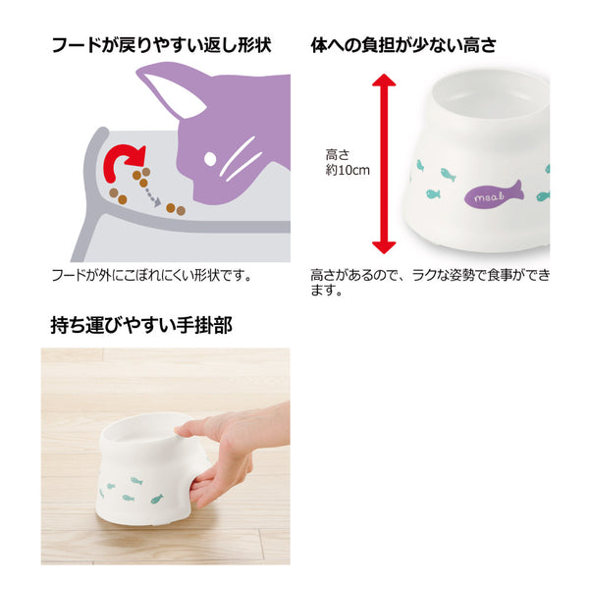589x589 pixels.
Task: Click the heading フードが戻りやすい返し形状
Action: pos(162,45)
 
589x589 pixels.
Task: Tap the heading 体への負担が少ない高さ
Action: pos(403,45)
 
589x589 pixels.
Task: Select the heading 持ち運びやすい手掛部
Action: pos(141,325)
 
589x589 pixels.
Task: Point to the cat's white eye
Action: pos(210,159)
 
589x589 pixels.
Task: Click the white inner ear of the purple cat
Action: pos(173,96)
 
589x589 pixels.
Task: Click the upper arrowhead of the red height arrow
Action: pos(384,80)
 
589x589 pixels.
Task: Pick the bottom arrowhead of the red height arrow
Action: pos(384,247)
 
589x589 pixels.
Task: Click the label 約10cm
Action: pos(348,170)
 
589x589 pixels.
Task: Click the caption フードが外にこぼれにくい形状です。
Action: pos(151,276)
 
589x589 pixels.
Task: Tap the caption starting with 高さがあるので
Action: pos(430,283)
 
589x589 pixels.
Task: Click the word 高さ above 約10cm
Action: pos(338,155)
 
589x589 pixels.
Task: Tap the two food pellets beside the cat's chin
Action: pos(176,209)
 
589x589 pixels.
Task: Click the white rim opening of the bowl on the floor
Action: pos(148,432)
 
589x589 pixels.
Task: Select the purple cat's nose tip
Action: pos(195,198)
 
